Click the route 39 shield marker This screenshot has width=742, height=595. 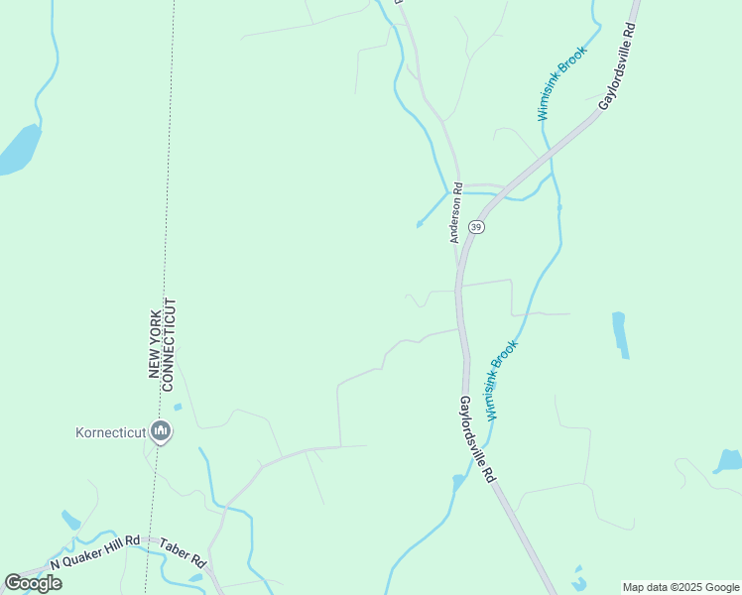coord(477,227)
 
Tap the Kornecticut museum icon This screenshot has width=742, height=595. coord(162,431)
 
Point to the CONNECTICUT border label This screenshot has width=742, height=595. coord(170,341)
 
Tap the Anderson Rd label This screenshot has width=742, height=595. coord(456,212)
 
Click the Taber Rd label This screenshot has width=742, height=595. coord(183,559)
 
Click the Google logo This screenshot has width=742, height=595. coord(33,583)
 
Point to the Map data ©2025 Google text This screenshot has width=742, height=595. coord(681,587)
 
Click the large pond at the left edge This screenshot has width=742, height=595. coord(20,150)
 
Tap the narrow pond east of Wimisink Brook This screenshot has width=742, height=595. coord(620,334)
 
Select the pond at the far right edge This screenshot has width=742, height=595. coord(728,459)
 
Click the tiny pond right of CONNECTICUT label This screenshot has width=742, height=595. coord(178,407)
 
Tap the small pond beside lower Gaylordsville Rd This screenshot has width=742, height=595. coord(457,482)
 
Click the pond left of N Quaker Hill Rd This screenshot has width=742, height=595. coord(70,520)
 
